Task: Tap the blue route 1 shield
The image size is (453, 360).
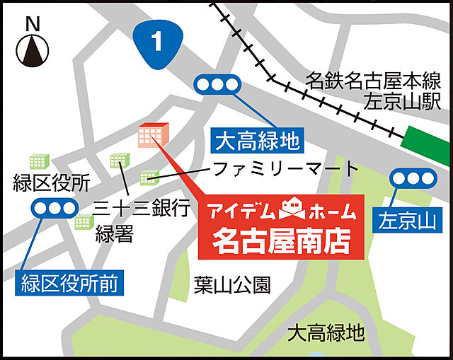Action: click(x=157, y=40)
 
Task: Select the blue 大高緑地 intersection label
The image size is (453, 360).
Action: click(x=257, y=142)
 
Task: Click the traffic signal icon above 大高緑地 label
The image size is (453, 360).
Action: click(x=218, y=86)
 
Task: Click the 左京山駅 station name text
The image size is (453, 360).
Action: click(x=402, y=101)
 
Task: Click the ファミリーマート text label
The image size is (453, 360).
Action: click(x=287, y=168)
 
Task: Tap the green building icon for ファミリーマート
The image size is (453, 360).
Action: click(x=149, y=176)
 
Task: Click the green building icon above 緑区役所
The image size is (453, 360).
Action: click(x=38, y=162)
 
